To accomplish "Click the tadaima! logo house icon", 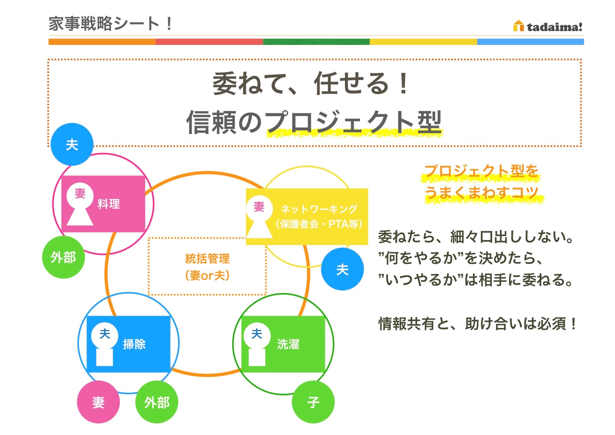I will [x=518, y=26].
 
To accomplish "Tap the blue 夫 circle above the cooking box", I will [x=72, y=144].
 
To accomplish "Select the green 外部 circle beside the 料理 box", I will [x=63, y=257].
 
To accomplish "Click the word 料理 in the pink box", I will [x=109, y=204].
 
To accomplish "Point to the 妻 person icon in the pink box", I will [x=80, y=203].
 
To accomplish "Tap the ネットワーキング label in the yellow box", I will [x=319, y=209].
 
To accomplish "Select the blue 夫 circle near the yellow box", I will [x=342, y=269].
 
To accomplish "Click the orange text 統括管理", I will [x=207, y=259].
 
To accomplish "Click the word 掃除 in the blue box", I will [x=134, y=344].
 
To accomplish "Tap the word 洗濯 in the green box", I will [x=288, y=344].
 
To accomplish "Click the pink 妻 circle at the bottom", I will [x=98, y=402].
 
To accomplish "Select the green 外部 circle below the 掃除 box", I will [x=156, y=402].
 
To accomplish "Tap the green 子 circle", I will [x=313, y=402].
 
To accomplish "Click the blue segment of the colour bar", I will [x=530, y=42].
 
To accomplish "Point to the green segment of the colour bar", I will [x=316, y=42].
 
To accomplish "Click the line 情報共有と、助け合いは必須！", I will [x=477, y=323].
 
